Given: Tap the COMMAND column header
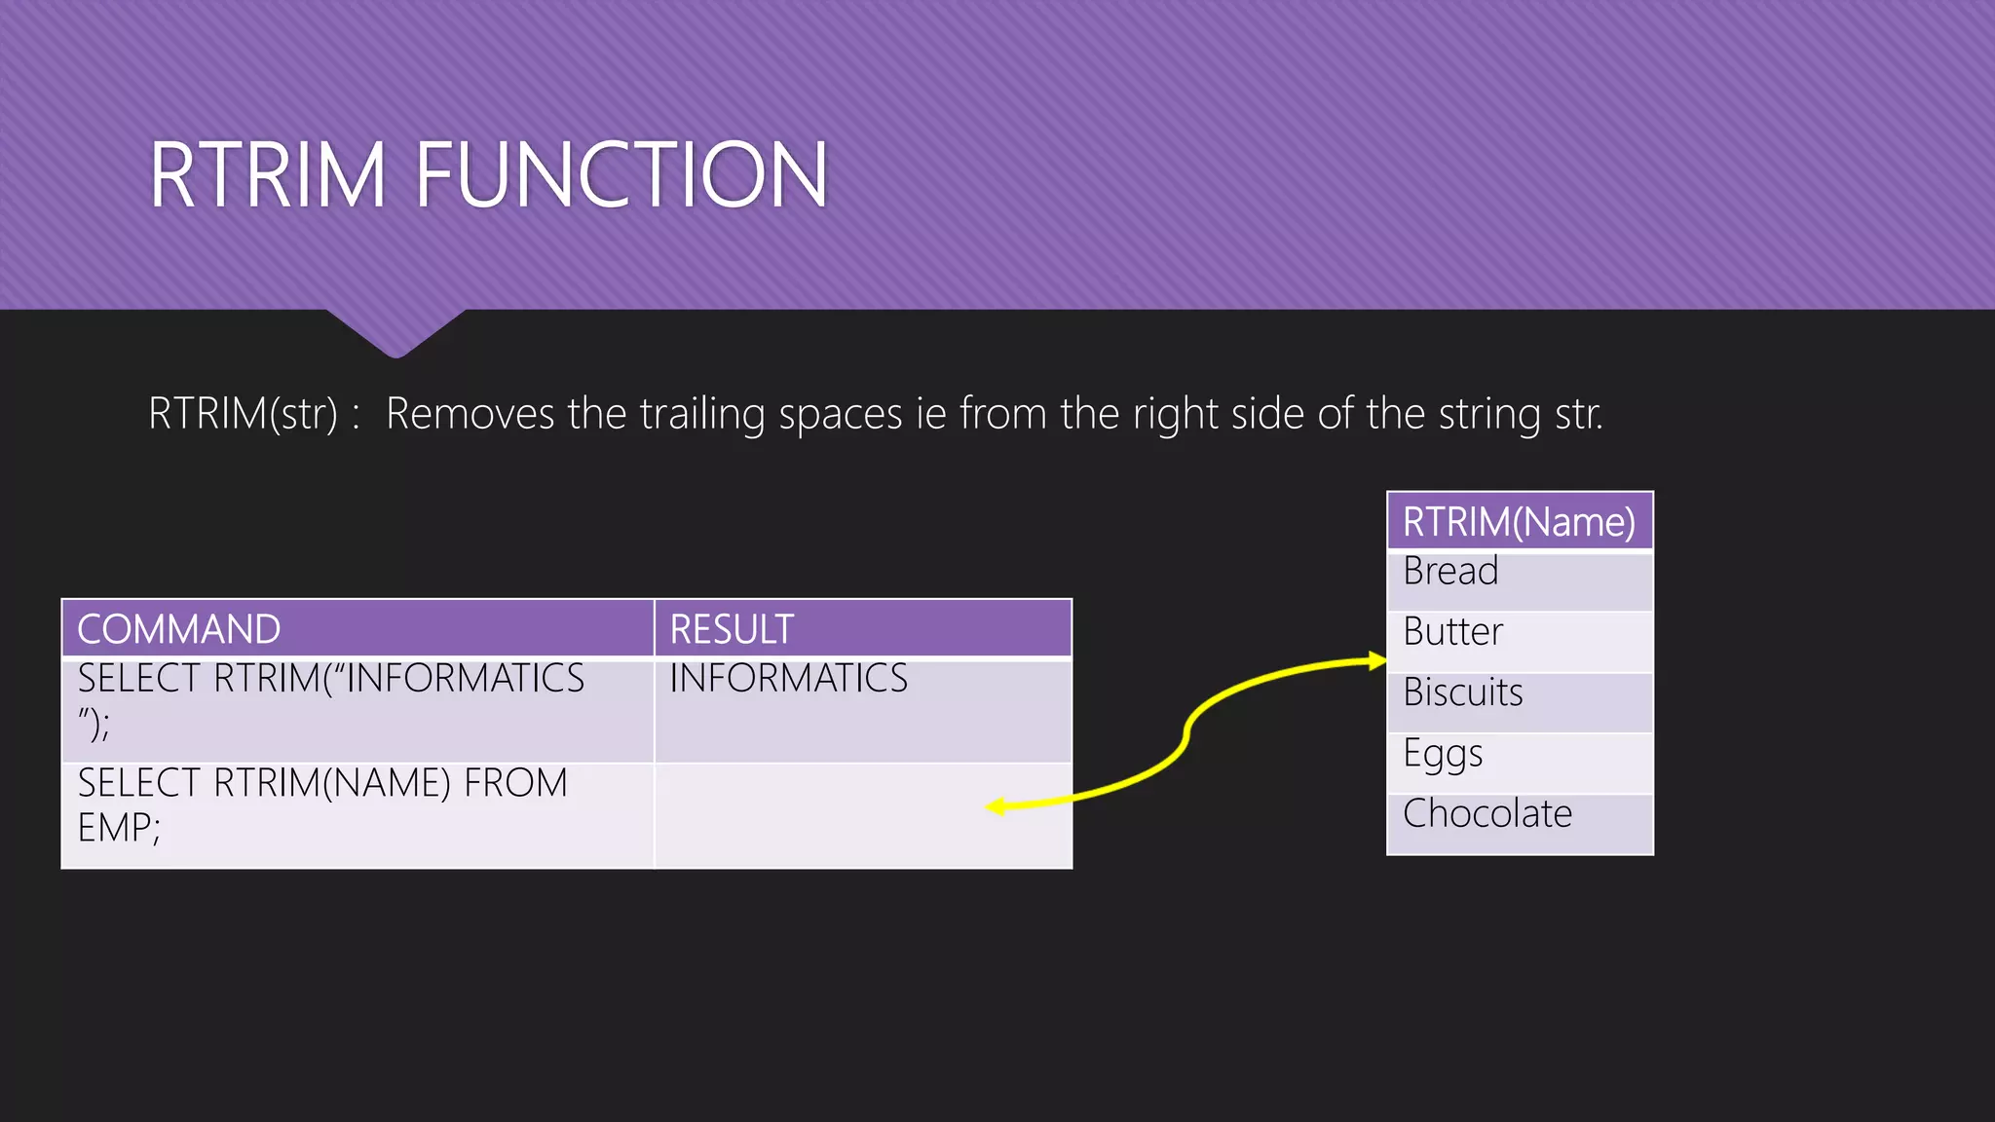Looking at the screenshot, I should pyautogui.click(x=179, y=629).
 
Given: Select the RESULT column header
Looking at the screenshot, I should pyautogui.click(x=732, y=629).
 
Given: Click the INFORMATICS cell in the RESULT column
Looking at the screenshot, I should pyautogui.click(x=788, y=678).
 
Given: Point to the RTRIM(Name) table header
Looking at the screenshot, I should pyautogui.click(x=1519, y=522).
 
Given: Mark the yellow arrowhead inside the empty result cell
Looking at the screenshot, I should pyautogui.click(x=996, y=806).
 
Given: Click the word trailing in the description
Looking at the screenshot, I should pyautogui.click(x=702, y=414).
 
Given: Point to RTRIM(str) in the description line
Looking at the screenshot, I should pyautogui.click(x=243, y=414).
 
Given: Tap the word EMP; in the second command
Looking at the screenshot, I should pyautogui.click(x=119, y=828).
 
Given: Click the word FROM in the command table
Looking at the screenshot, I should pyautogui.click(x=515, y=783).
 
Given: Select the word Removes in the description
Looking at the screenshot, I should pyautogui.click(x=471, y=414).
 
